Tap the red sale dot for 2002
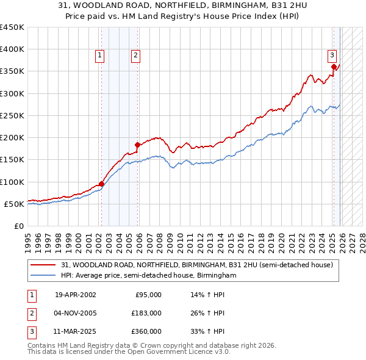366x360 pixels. tap(101, 184)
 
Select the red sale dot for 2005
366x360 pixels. tap(138, 145)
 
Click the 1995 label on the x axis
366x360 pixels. tap(28, 238)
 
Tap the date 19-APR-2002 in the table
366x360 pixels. tap(75, 295)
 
